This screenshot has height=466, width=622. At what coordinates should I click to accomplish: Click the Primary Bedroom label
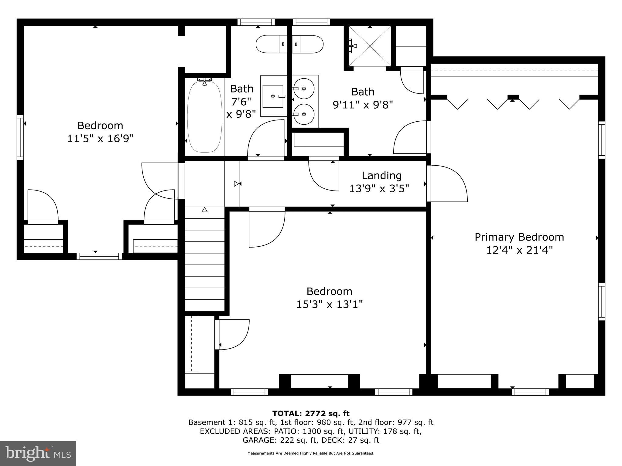click(x=519, y=237)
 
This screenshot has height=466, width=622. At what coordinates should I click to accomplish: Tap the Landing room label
click(x=381, y=175)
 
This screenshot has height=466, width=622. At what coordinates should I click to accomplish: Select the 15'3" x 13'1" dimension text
click(x=330, y=304)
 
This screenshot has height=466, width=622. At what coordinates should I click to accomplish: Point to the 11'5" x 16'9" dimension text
click(x=100, y=139)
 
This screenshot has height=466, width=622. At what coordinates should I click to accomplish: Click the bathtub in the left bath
click(x=204, y=117)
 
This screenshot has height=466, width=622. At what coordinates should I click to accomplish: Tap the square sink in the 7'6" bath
click(x=273, y=96)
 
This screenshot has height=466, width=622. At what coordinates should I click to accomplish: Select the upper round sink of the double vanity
click(x=305, y=88)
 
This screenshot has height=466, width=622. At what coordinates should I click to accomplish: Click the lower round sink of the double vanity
click(x=305, y=114)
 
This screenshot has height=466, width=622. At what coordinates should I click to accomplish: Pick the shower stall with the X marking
click(x=370, y=46)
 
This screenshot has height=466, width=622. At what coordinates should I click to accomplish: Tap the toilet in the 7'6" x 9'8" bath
click(x=271, y=44)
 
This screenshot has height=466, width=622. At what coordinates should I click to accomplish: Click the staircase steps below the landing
click(x=204, y=258)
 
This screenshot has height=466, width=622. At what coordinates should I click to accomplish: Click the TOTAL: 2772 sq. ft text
click(x=311, y=414)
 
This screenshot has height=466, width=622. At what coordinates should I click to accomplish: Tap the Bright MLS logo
click(x=38, y=453)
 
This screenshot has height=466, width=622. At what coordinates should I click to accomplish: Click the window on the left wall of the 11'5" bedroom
click(x=20, y=137)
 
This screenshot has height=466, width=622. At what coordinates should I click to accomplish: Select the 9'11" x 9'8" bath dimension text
click(x=363, y=105)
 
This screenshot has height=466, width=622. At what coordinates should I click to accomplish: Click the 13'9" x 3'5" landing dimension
click(x=379, y=189)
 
